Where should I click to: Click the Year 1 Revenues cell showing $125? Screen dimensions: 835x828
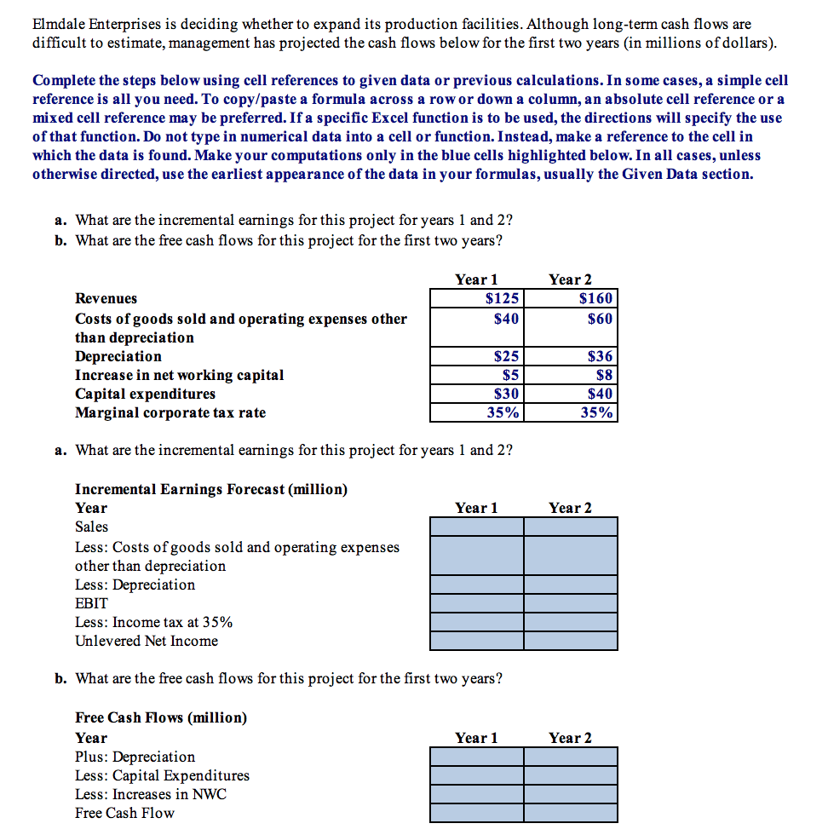click(476, 298)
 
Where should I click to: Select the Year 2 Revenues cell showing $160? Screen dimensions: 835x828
click(570, 298)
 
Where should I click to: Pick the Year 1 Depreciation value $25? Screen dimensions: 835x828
click(476, 356)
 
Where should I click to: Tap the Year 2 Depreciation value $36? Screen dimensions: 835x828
click(570, 356)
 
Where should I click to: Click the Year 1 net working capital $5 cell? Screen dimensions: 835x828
click(476, 375)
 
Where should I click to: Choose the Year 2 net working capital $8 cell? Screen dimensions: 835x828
click(570, 375)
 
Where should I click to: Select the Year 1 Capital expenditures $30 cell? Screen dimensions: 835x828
click(476, 394)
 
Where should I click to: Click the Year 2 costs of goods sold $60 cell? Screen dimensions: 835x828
click(570, 319)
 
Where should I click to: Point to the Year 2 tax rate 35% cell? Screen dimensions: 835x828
click(570, 412)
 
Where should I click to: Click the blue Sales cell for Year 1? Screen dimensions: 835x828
click(476, 527)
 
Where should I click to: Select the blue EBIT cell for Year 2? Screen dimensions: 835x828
click(570, 603)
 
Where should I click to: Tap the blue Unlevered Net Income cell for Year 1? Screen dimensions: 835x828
click(476, 641)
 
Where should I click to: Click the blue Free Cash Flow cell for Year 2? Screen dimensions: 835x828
click(570, 813)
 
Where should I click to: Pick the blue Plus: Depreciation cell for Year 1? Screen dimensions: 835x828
click(476, 757)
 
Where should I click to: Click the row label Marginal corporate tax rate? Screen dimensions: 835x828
click(170, 412)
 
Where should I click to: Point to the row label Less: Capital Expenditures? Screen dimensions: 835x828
click(162, 775)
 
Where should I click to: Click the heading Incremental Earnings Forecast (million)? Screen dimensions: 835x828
click(211, 489)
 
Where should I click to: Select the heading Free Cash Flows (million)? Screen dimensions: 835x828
click(161, 717)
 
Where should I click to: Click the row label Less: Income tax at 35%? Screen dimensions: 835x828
click(153, 622)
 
